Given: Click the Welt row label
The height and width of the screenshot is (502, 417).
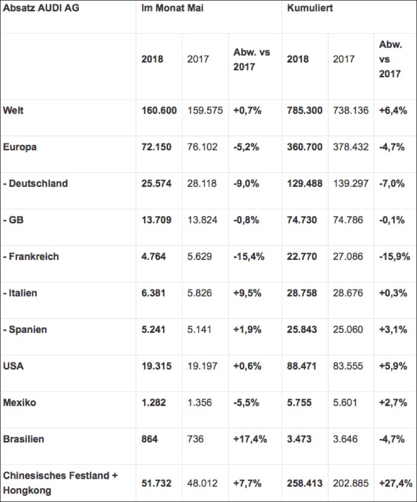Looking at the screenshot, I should coord(13,111).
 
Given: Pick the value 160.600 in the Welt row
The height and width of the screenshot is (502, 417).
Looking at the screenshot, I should coord(159,111).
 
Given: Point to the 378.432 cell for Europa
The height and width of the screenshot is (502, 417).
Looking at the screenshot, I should coord(351,147).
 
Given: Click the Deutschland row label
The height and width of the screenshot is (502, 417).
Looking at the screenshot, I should coord(35,184).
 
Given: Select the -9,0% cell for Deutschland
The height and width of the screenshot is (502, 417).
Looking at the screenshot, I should coord(246,184).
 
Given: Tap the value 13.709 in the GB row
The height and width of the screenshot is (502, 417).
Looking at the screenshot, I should coord(156,220).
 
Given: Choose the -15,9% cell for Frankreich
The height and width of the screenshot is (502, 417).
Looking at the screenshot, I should coord(395,256).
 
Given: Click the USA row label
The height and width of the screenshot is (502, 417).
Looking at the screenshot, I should coord(13,366).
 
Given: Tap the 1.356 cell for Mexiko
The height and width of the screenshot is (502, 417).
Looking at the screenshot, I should coord(199,402).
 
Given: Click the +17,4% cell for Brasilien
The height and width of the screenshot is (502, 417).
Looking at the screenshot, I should coord(250,439).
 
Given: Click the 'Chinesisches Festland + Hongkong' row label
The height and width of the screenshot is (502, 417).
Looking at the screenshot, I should coord(60,482).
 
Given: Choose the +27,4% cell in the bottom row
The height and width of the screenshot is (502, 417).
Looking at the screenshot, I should coord(395,483).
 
